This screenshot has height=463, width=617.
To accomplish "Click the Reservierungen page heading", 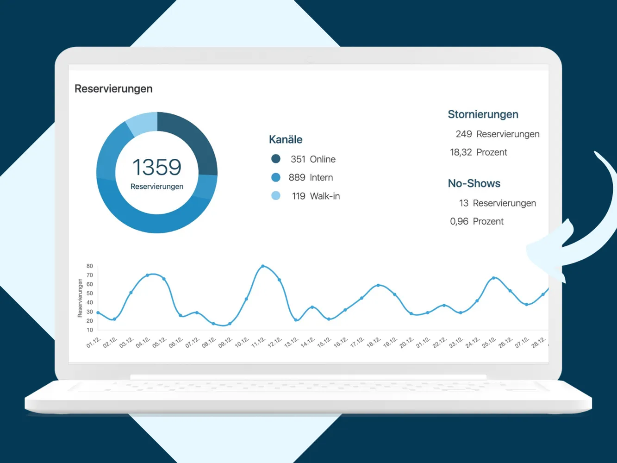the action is click(113, 89).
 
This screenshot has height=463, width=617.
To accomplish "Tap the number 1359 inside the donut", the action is click(157, 167).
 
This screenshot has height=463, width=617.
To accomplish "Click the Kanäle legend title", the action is click(286, 139).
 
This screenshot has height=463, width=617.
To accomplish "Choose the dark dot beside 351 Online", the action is click(276, 159).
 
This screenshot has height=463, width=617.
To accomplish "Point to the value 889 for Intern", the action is click(297, 177).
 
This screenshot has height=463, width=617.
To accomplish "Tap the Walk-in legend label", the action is click(325, 196).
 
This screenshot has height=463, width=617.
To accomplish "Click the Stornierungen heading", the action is click(483, 114).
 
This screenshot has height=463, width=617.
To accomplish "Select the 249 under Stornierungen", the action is click(464, 134).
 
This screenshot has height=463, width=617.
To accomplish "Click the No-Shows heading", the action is click(474, 183).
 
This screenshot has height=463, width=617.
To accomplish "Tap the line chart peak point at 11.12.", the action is click(263, 266).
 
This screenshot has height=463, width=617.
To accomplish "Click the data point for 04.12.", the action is click(147, 275).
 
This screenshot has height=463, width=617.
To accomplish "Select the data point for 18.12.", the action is click(378, 285).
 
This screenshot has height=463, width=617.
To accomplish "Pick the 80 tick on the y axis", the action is click(90, 266).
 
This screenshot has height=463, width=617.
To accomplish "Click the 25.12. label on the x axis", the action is click(489, 343).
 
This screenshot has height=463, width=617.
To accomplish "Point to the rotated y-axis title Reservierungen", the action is click(80, 298).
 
